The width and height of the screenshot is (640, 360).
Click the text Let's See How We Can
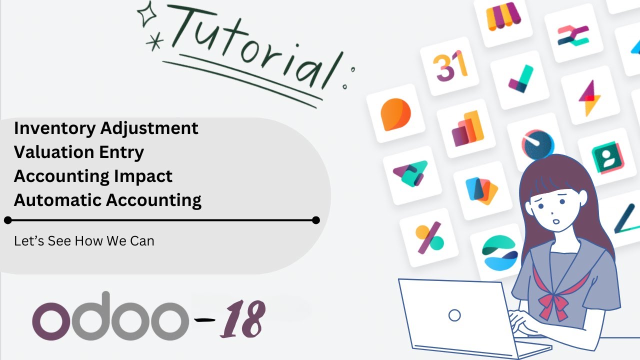[84, 241]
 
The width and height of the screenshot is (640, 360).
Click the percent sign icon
[429, 237]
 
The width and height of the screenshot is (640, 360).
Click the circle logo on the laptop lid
[454, 315]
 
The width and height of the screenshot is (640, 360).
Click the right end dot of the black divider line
[315, 220]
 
